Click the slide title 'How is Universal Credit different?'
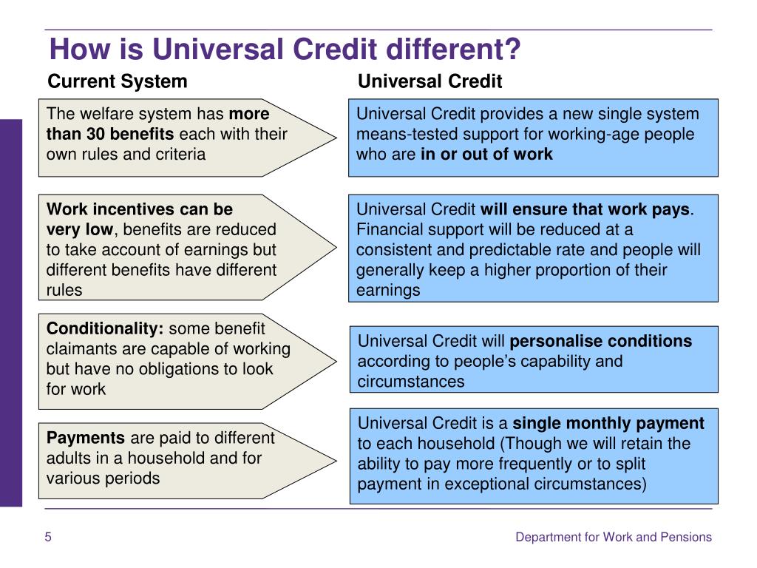pyautogui.click(x=285, y=50)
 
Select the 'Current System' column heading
pyautogui.click(x=118, y=81)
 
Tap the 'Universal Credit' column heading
pyautogui.click(x=430, y=81)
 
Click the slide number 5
pyautogui.click(x=48, y=537)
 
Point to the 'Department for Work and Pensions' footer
pyautogui.click(x=614, y=537)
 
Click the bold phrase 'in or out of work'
pyautogui.click(x=486, y=155)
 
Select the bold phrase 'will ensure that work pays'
pyautogui.click(x=585, y=209)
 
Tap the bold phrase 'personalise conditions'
pyautogui.click(x=601, y=341)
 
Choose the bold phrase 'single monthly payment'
pyautogui.click(x=608, y=424)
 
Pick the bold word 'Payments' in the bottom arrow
pyautogui.click(x=86, y=438)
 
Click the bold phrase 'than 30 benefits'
pyautogui.click(x=110, y=135)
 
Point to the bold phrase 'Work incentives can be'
pyautogui.click(x=140, y=209)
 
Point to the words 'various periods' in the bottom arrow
pyautogui.click(x=103, y=478)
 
